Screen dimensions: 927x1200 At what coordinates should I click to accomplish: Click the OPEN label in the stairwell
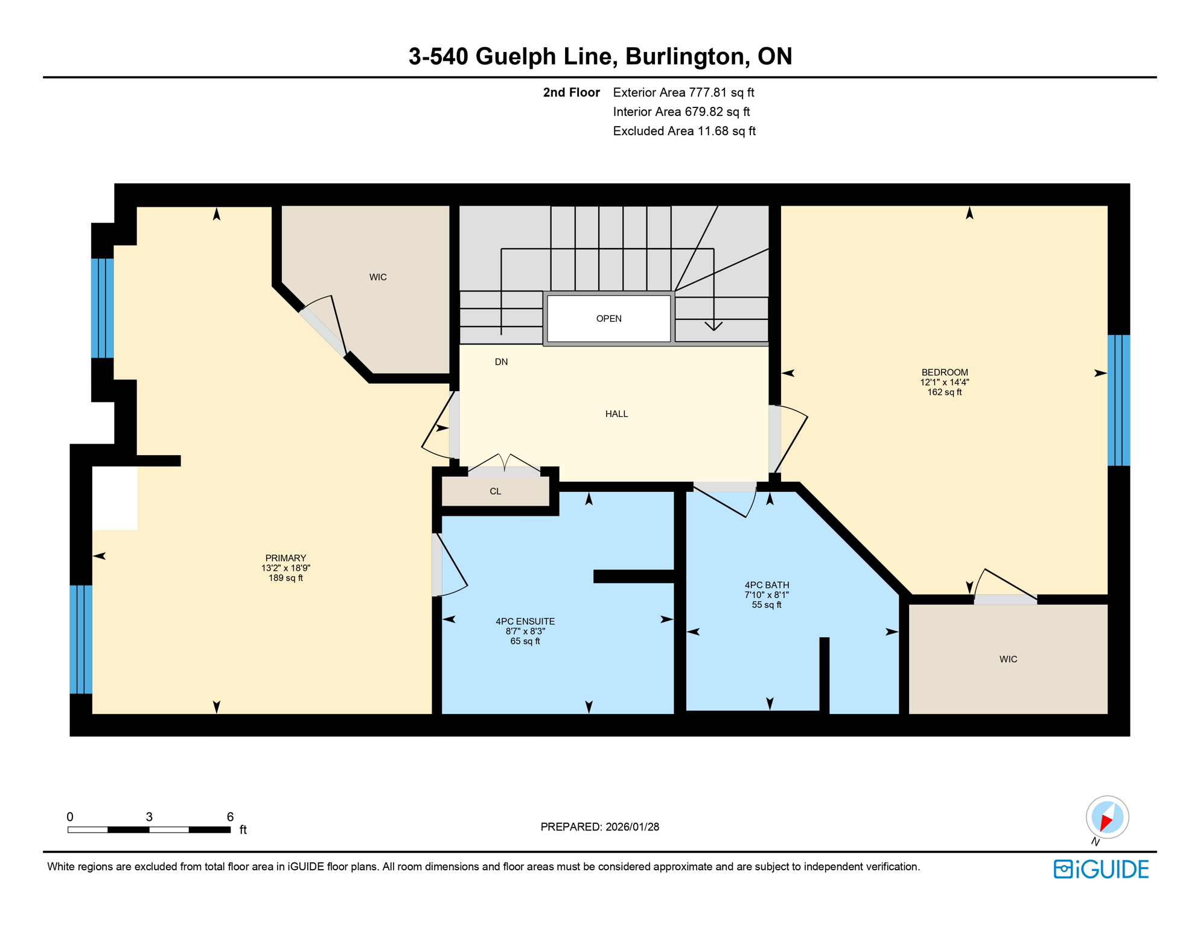608,319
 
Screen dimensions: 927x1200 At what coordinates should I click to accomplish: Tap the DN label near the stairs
501,362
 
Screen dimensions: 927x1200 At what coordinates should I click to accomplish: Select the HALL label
616,414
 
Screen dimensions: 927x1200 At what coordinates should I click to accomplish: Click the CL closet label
495,491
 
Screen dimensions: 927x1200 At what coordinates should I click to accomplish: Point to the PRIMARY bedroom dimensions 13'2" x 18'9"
286,568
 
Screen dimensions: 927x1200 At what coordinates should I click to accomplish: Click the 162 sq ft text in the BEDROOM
944,392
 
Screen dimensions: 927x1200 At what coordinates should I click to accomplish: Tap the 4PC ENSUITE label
525,622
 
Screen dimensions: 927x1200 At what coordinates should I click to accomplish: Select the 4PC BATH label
767,585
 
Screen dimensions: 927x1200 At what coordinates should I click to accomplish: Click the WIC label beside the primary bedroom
378,277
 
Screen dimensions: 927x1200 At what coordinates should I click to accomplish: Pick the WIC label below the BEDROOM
1008,659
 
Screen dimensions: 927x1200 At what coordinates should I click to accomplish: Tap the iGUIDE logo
1101,869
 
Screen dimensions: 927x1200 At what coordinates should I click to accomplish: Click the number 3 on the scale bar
149,817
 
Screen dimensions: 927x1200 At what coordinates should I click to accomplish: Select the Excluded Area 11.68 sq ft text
684,131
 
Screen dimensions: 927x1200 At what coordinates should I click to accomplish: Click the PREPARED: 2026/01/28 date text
599,827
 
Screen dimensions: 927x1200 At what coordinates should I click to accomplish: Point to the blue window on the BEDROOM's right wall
1118,400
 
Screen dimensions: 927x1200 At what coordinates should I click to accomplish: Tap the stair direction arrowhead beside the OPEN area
713,327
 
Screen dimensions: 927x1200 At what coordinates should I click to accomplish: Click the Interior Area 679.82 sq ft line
681,112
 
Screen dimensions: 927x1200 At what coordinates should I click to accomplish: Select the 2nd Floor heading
571,92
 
